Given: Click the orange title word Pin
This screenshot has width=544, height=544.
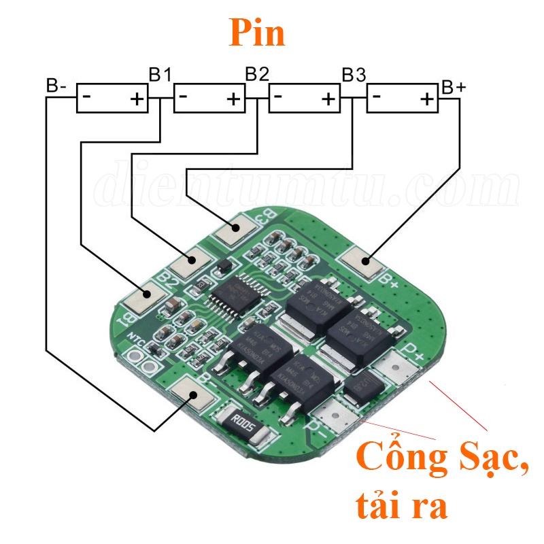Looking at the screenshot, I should pyautogui.click(x=256, y=32).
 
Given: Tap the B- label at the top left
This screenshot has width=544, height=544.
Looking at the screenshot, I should pyautogui.click(x=56, y=86).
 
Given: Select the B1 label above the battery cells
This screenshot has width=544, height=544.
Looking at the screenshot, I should pyautogui.click(x=160, y=74).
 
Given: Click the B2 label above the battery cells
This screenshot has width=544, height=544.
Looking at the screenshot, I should pyautogui.click(x=256, y=74).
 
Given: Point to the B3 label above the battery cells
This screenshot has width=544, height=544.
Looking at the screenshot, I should pyautogui.click(x=353, y=74).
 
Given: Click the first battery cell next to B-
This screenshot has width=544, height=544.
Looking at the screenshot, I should pyautogui.click(x=112, y=99).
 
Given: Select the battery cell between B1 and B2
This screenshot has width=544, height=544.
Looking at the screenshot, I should pyautogui.click(x=209, y=98).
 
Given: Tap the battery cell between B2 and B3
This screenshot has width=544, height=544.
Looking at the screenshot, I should pyautogui.click(x=305, y=98).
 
